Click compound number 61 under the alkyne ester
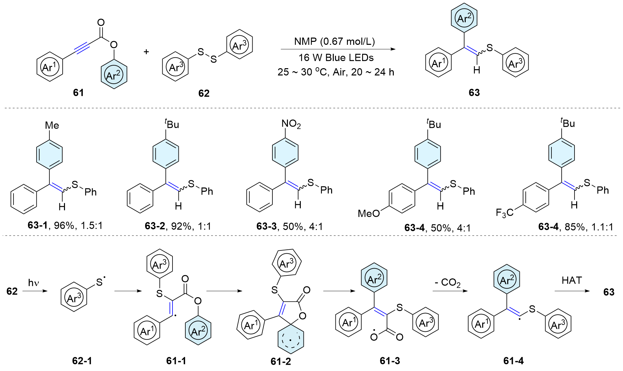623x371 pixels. [x=78, y=93]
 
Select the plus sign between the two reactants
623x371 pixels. [x=146, y=52]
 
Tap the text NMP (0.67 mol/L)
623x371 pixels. [x=334, y=42]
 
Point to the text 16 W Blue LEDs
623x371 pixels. [x=336, y=58]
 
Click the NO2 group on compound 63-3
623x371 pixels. [x=291, y=124]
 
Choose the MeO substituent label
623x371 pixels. [x=369, y=214]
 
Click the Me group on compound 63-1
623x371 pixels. [x=52, y=126]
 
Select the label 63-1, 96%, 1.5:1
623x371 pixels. [x=65, y=226]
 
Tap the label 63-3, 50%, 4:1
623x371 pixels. [x=290, y=226]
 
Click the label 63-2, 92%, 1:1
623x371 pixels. [x=178, y=226]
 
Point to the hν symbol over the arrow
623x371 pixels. [x=34, y=283]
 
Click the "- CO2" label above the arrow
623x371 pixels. [x=447, y=283]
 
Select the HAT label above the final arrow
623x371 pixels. [x=572, y=280]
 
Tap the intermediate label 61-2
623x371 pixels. [x=281, y=361]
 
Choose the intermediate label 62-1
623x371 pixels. [x=82, y=361]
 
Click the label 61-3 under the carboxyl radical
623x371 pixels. [x=389, y=361]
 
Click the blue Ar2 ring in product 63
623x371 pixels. [x=464, y=18]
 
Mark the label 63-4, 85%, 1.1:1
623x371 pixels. [x=576, y=227]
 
